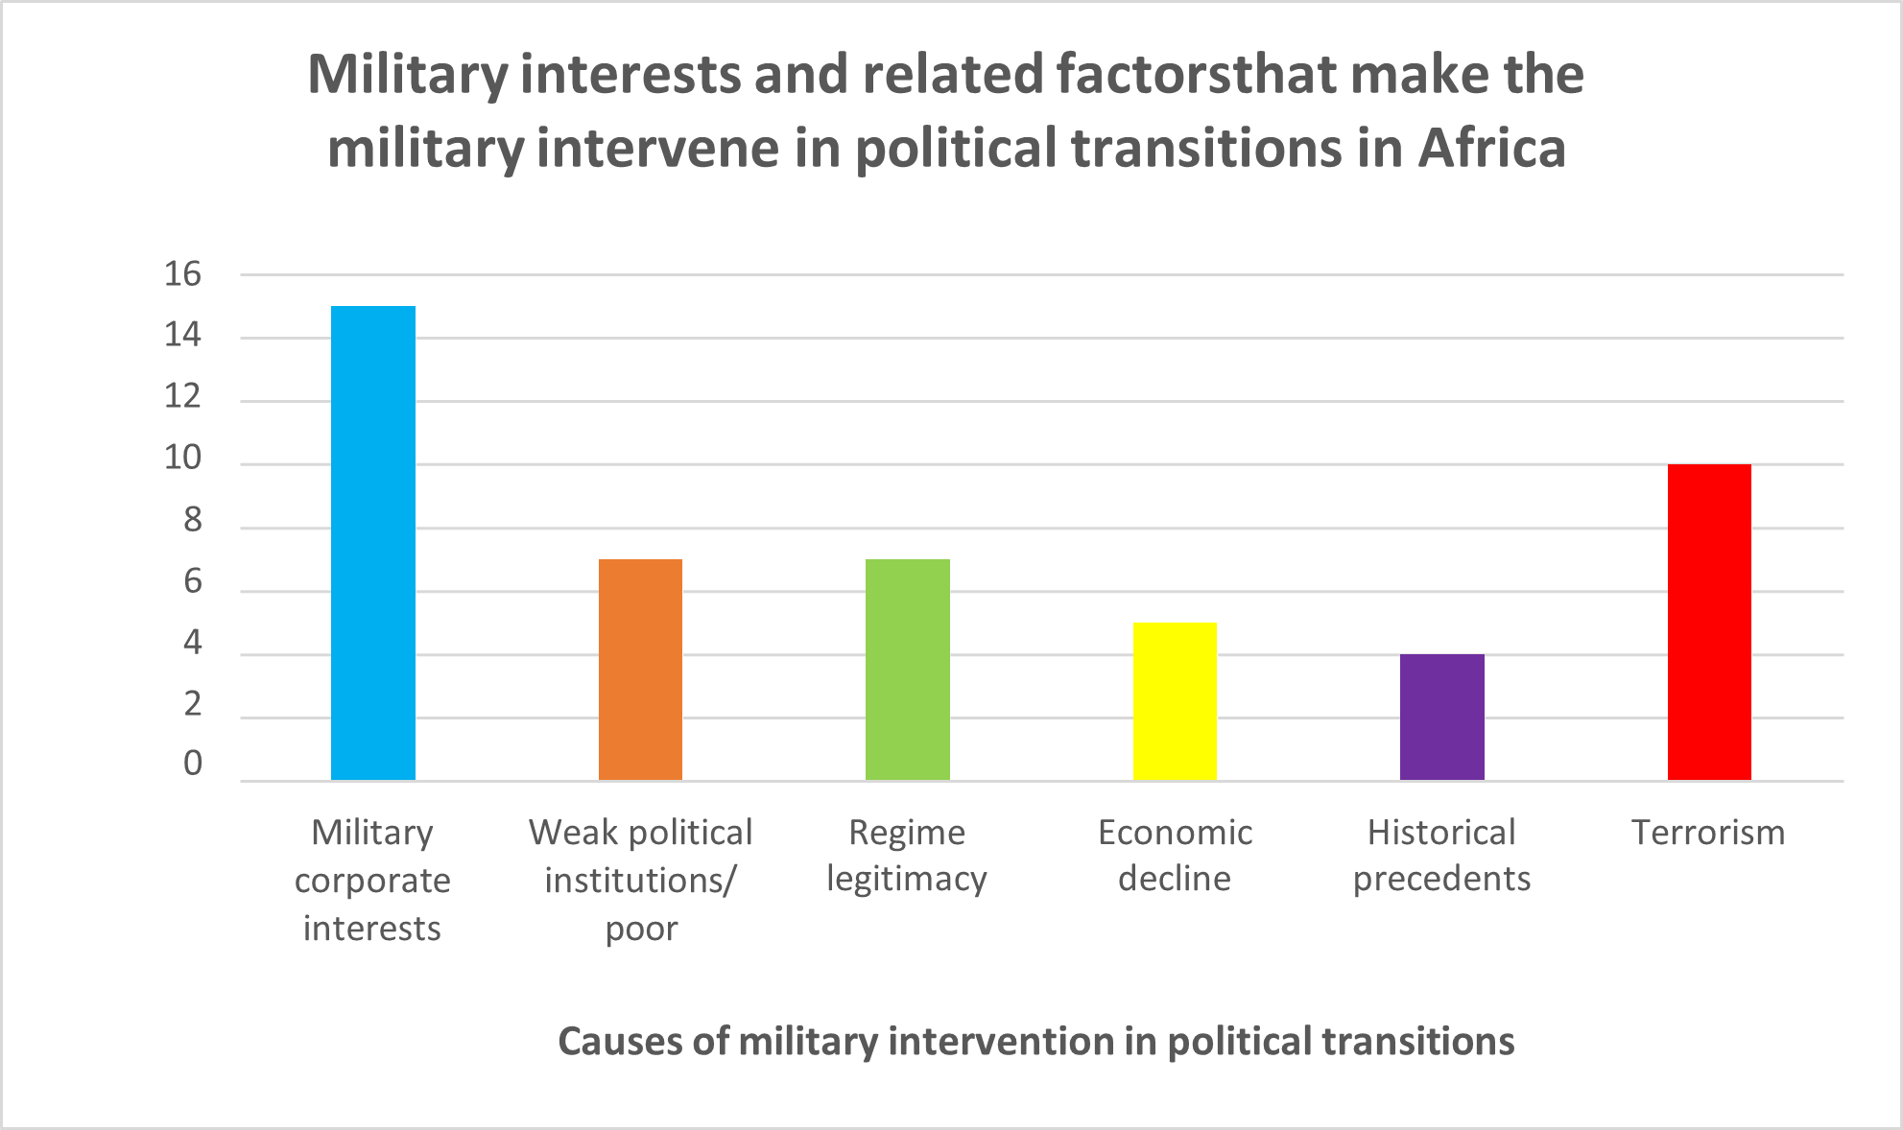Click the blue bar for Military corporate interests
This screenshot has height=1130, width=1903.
click(x=373, y=543)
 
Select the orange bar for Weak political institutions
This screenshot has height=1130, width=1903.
click(x=640, y=670)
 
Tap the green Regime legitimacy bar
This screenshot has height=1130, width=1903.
click(x=908, y=670)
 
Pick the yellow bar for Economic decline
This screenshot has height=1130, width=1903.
click(x=1175, y=701)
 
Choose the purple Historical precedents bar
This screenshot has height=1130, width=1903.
click(x=1441, y=718)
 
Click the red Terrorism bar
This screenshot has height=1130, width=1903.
click(x=1709, y=622)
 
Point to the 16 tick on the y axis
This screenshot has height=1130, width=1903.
click(x=182, y=274)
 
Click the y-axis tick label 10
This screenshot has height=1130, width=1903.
click(x=182, y=459)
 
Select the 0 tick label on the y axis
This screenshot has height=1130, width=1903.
click(x=193, y=764)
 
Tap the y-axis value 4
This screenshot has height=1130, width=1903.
click(x=193, y=643)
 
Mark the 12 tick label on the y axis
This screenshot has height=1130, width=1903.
click(x=182, y=397)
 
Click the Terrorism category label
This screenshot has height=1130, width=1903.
click(x=1708, y=833)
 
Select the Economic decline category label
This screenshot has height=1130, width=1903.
click(x=1175, y=856)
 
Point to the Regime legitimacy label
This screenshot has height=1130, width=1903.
click(x=907, y=856)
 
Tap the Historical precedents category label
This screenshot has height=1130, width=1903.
click(x=1441, y=856)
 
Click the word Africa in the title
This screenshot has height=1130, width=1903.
click(x=1491, y=149)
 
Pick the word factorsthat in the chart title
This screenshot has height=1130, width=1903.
click(x=1196, y=75)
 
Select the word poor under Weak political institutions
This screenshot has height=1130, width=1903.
click(x=641, y=930)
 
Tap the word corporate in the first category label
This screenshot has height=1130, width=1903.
click(x=372, y=881)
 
